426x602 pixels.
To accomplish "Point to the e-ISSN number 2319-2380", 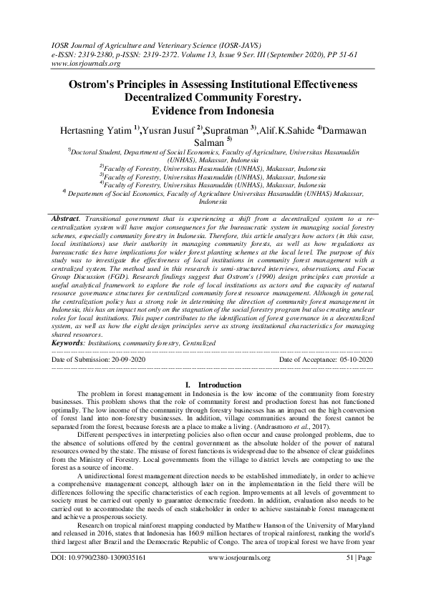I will point(95,52).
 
